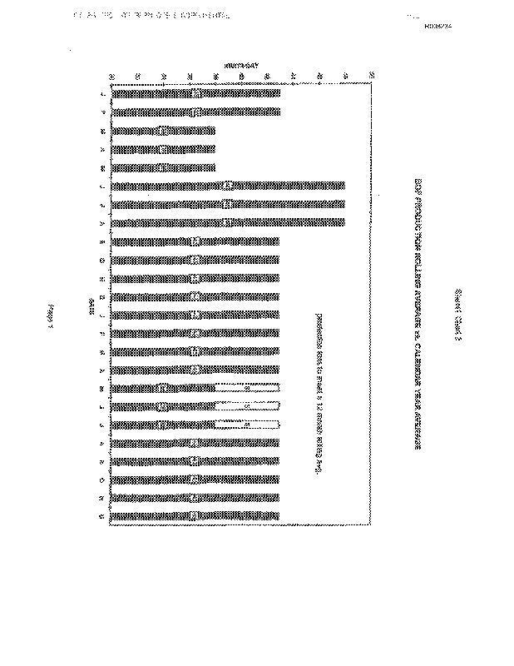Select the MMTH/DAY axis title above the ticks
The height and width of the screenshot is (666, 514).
[241, 65]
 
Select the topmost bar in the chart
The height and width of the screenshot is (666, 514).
[195, 93]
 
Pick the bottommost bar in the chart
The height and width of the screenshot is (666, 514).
[195, 516]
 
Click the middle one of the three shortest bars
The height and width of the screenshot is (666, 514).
[163, 149]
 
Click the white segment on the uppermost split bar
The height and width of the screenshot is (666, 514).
[248, 388]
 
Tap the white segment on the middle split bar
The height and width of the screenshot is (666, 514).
[248, 406]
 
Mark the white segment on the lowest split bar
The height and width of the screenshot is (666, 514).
[248, 425]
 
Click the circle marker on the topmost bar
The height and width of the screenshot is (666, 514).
[195, 93]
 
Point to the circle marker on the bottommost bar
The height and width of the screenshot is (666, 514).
[195, 516]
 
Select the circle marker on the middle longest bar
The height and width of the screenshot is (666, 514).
[227, 204]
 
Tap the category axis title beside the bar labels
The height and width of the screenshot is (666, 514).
[91, 303]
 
